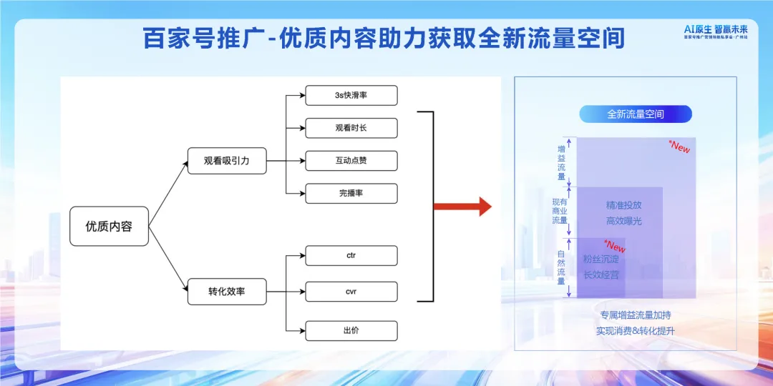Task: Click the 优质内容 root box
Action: [109, 227]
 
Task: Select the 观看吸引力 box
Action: [226, 161]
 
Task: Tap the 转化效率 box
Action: [226, 292]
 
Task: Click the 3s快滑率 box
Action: [351, 96]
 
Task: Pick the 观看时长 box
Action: [351, 129]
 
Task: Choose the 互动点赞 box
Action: [351, 161]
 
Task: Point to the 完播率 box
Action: [351, 193]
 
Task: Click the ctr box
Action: [351, 255]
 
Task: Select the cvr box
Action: [351, 292]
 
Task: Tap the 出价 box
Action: [351, 330]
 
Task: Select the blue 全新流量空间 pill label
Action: [635, 114]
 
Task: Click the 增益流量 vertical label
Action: [562, 162]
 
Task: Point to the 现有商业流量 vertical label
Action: [560, 212]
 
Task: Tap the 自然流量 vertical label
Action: [562, 267]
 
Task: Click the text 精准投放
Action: [624, 205]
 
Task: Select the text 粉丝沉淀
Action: [601, 259]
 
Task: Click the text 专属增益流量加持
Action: [635, 315]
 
